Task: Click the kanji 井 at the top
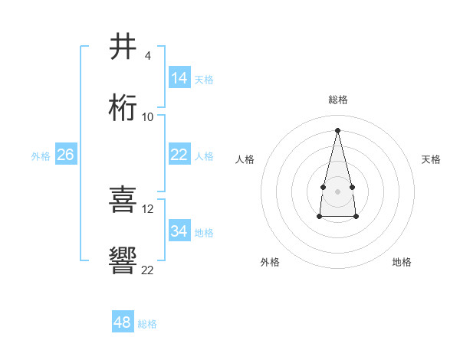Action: tap(123, 47)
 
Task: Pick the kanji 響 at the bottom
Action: tap(123, 261)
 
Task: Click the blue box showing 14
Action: tap(179, 78)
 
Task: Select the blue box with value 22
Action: tap(179, 155)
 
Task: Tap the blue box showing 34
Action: tap(179, 231)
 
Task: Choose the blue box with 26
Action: tap(66, 155)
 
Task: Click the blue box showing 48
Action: tap(123, 322)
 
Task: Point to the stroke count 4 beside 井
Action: tap(147, 56)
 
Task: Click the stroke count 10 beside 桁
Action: tap(148, 117)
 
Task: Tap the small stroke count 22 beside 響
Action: tap(148, 270)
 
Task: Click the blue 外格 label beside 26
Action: tap(41, 156)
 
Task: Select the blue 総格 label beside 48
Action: tap(147, 324)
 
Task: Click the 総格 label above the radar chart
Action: tap(337, 100)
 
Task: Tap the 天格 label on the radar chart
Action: tap(431, 159)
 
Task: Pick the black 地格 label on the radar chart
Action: tap(402, 262)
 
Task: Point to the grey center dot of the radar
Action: tap(337, 190)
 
